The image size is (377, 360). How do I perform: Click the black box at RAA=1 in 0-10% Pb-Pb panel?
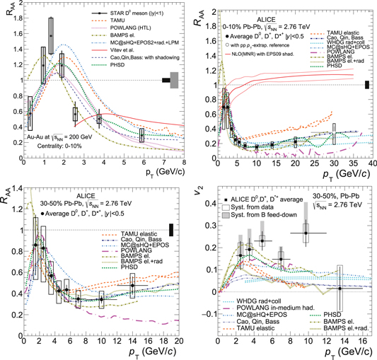367,85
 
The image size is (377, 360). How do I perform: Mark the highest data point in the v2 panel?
306,233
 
